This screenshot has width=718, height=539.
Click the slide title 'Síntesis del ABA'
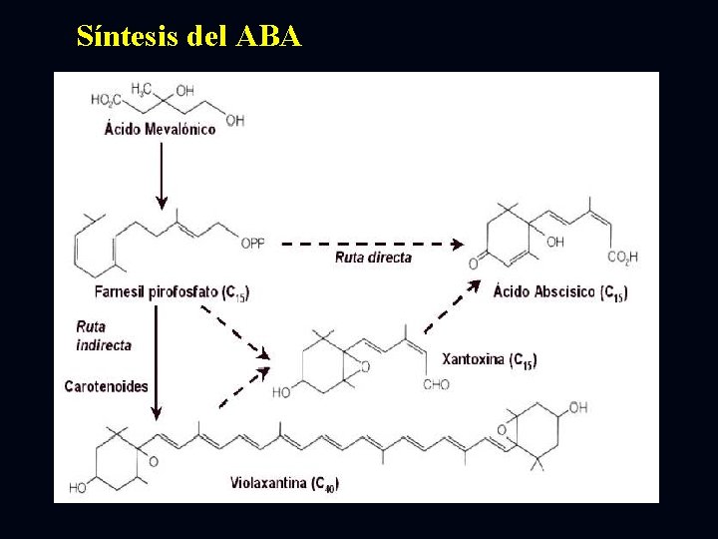tap(188, 37)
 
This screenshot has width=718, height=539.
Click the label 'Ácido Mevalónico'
tap(160, 129)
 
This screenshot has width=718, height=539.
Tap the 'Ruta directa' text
tap(373, 258)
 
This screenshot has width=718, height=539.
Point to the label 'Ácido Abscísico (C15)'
tap(560, 291)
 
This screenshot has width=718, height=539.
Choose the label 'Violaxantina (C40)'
tap(284, 484)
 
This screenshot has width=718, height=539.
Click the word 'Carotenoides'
tap(106, 385)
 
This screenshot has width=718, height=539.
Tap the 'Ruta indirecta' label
tap(104, 335)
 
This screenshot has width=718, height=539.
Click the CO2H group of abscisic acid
tap(623, 258)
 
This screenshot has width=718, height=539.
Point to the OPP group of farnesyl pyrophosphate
tap(254, 243)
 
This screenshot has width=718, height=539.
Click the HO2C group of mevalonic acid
tap(105, 100)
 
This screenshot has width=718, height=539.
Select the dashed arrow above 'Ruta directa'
tap(371, 243)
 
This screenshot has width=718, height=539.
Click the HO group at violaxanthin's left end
tap(78, 488)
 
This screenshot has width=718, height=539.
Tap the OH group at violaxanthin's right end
tap(578, 407)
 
